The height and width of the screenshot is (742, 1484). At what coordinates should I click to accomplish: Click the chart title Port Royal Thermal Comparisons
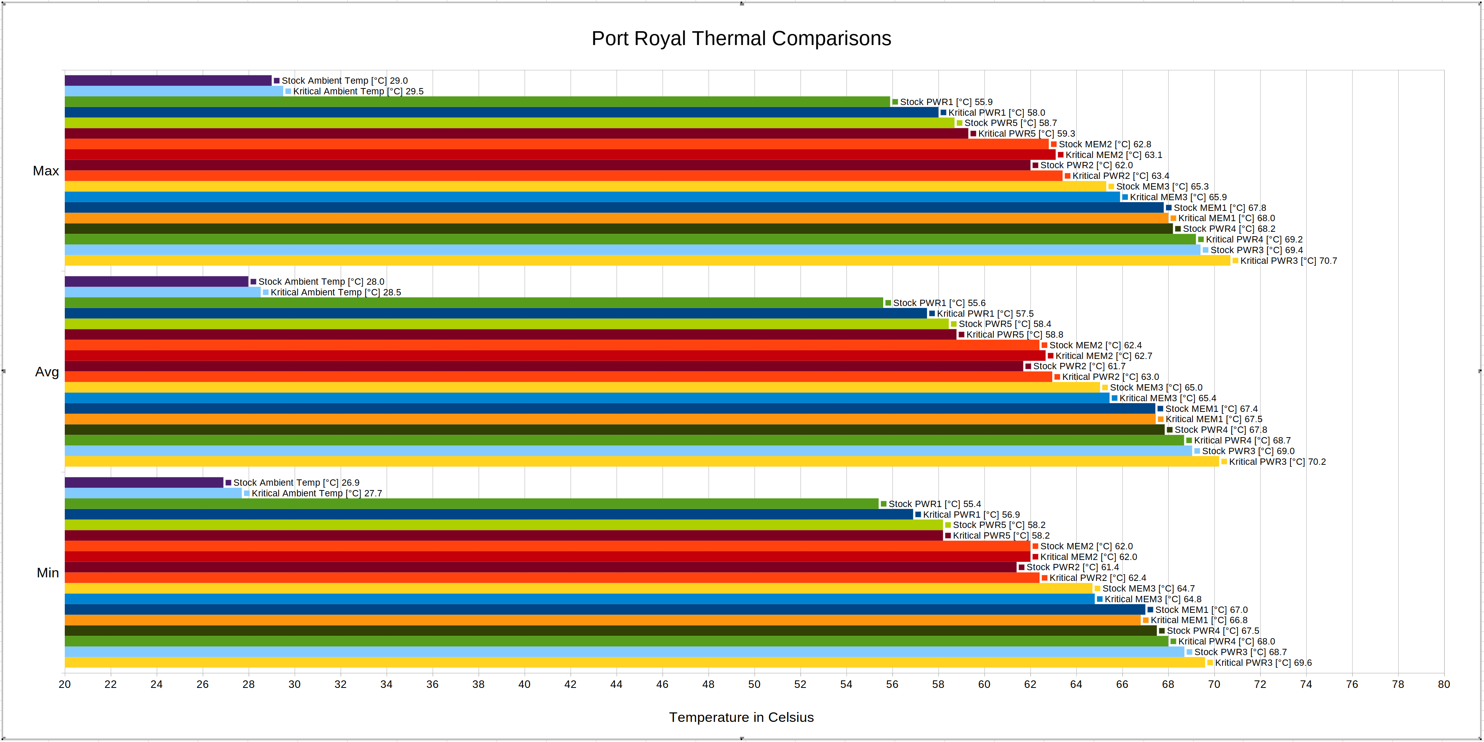coord(741,39)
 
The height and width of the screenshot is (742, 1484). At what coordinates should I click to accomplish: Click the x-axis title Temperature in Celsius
coord(741,717)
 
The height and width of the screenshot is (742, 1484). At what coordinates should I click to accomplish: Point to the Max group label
coord(46,171)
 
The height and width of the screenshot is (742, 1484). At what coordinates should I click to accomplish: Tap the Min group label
coord(48,573)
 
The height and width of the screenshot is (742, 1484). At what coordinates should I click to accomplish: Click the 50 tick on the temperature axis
coord(754,684)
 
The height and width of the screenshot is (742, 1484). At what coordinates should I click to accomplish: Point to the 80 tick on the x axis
coord(1444,684)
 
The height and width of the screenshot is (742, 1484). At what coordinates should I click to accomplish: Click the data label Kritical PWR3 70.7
coord(1288,261)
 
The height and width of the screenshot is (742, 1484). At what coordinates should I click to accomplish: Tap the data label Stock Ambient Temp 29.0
coord(344,81)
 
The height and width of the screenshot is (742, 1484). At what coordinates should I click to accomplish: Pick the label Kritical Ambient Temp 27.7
coord(316,494)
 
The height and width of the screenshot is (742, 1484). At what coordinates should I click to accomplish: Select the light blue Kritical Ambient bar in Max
coord(173,91)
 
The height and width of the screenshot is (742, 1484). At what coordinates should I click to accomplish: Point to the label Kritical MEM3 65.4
coord(1167,398)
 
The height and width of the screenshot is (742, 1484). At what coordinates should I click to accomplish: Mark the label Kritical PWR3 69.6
coord(1263,663)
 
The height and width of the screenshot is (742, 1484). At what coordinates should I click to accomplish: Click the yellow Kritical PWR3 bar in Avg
coord(634,462)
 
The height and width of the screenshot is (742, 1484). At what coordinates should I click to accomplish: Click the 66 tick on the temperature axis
coord(1122,684)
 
